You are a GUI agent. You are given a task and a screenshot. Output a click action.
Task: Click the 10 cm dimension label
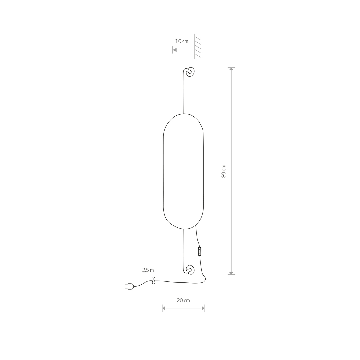coord(182,41)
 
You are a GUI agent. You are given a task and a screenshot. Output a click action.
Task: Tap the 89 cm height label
coord(224,171)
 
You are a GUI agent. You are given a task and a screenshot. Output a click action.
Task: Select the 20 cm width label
coord(183,300)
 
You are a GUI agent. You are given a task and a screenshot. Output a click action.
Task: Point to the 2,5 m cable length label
coord(148,270)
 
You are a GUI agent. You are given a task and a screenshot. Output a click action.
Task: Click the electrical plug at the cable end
coord(129,286)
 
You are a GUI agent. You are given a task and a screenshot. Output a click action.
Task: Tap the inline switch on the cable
coord(200,251)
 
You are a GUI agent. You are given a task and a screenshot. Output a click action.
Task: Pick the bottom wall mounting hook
coord(190,269)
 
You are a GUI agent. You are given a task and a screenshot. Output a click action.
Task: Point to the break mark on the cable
coord(154,281)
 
